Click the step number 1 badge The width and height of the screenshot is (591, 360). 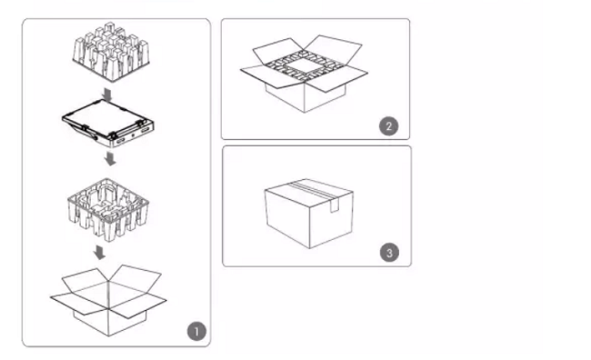(196, 331)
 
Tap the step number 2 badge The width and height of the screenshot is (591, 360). (388, 126)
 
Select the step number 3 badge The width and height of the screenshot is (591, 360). (389, 253)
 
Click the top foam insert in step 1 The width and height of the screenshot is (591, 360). (111, 52)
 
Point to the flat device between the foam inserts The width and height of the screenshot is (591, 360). (108, 123)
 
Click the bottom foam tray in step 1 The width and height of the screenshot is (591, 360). (108, 209)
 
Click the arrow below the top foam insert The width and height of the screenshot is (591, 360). (107, 95)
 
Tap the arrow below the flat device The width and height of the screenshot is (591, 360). (110, 158)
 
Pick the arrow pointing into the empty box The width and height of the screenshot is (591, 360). (99, 253)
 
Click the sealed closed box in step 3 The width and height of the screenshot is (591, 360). (309, 214)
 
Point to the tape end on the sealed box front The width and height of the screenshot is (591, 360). (334, 205)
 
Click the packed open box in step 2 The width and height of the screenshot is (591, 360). (304, 74)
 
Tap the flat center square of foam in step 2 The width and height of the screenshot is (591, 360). (305, 66)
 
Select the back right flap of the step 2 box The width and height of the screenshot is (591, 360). (333, 48)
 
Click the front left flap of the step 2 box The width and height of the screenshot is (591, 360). (269, 77)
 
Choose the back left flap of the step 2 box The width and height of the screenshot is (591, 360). (278, 51)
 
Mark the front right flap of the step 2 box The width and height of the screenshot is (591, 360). (338, 78)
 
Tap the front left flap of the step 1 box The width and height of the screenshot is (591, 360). (80, 304)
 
